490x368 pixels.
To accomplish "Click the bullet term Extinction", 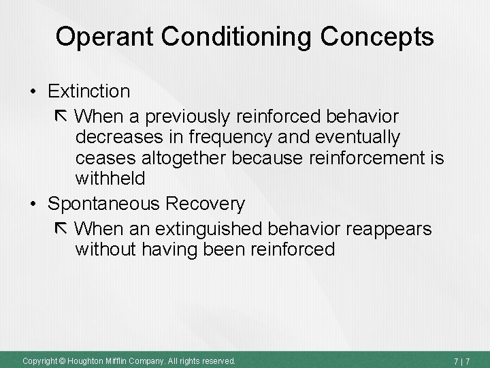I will (90, 91).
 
